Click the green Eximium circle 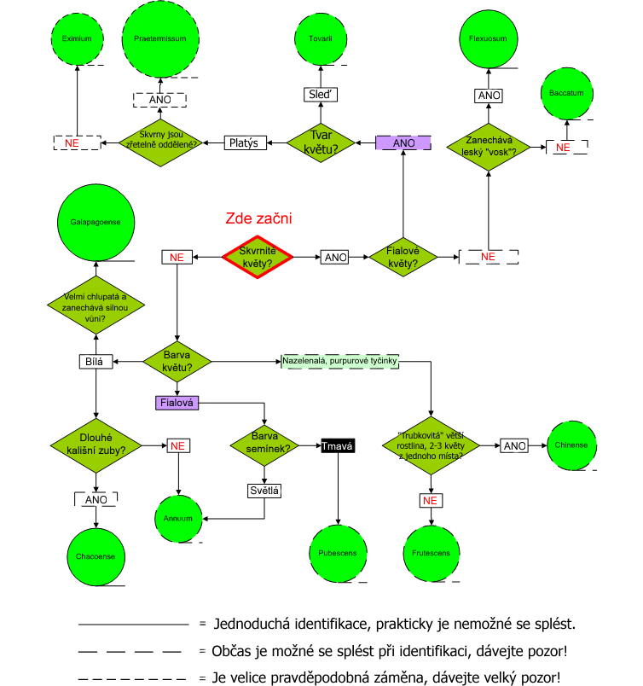click(77, 38)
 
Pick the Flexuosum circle click(488, 38)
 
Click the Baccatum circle click(566, 92)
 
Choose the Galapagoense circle click(95, 221)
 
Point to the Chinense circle click(571, 445)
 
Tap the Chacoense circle click(95, 556)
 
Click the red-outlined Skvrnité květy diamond click(257, 256)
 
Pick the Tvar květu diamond click(321, 142)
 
